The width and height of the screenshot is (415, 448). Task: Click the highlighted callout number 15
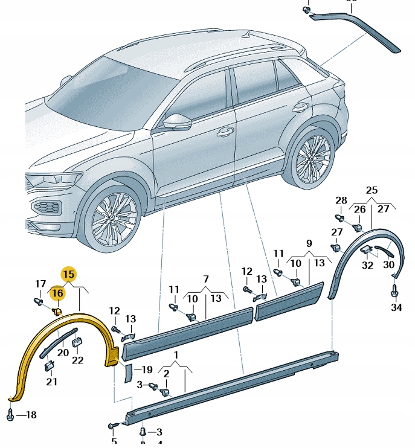point(69,274)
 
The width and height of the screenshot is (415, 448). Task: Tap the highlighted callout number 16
point(58,293)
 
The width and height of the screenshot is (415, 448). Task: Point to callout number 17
point(40,284)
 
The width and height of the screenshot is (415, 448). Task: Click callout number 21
point(51,382)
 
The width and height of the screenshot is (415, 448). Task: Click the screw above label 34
point(396,291)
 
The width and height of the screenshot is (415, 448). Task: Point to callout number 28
point(341,200)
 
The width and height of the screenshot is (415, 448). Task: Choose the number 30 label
point(389,264)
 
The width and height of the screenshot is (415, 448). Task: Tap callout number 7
point(205,280)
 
